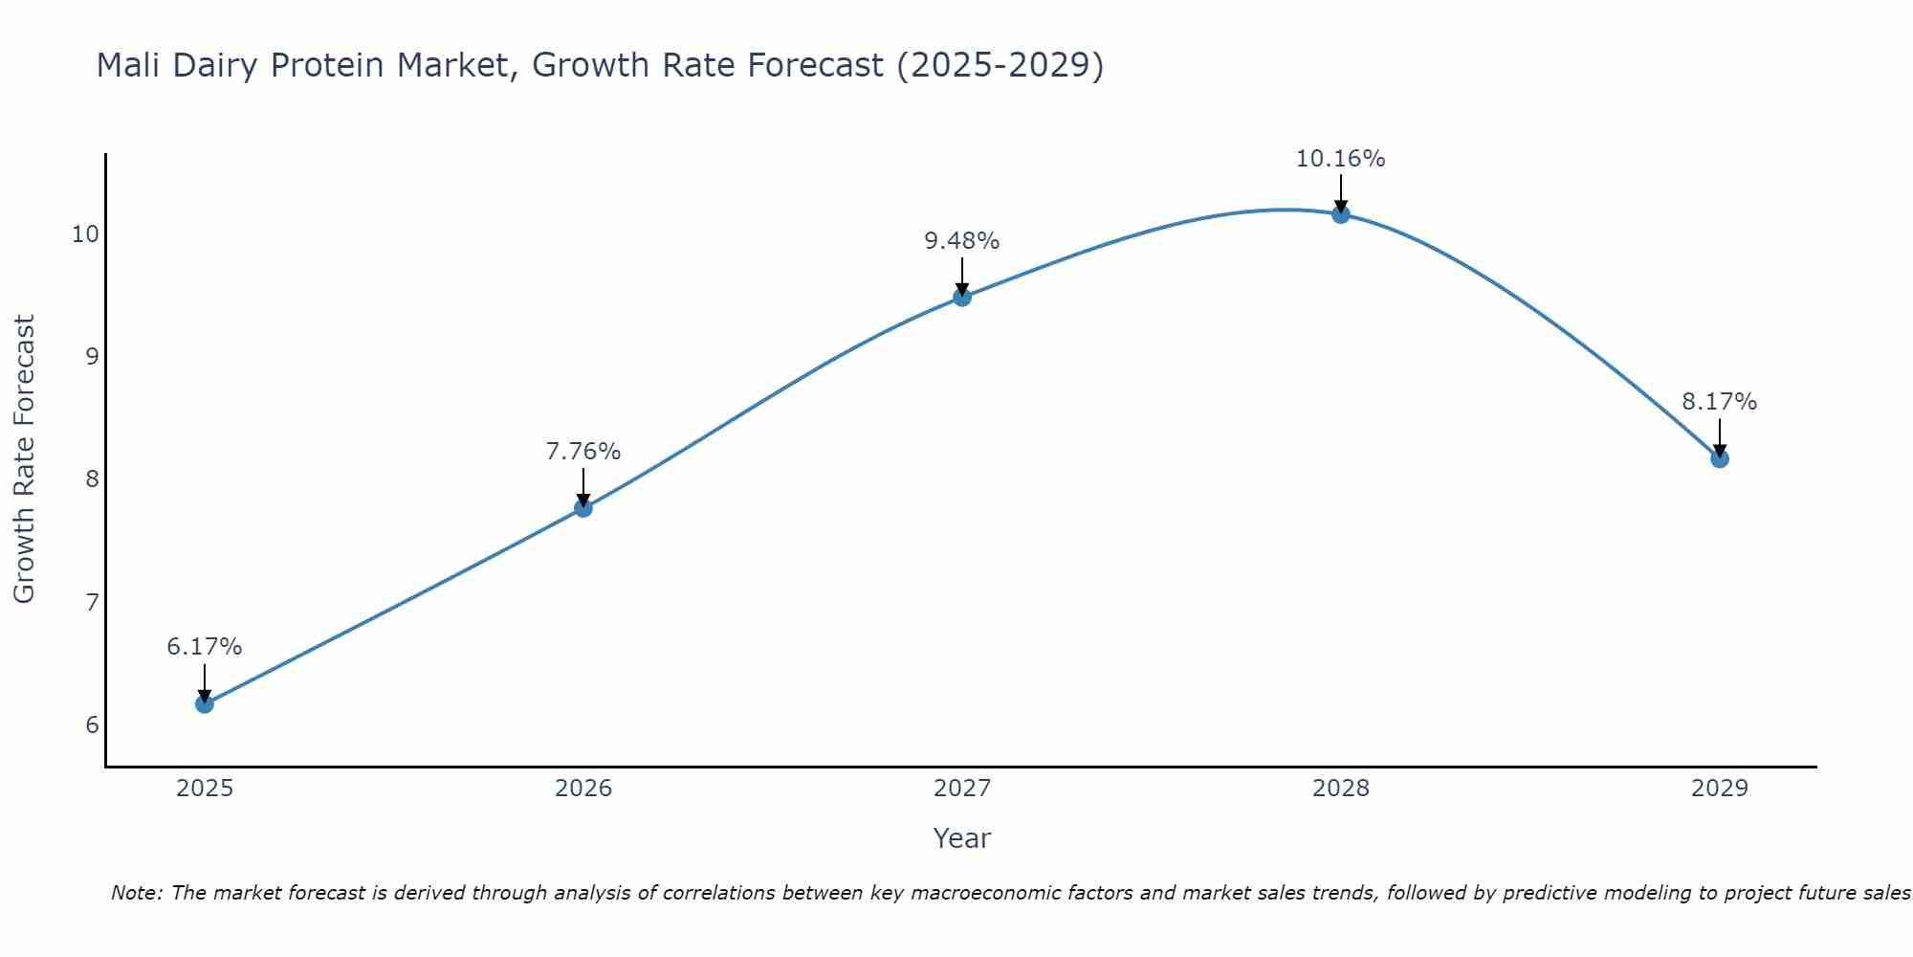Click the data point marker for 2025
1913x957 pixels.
click(x=205, y=704)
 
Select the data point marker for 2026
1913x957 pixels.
click(x=583, y=508)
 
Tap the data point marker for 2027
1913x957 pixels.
click(x=962, y=298)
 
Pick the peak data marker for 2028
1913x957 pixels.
click(x=1341, y=214)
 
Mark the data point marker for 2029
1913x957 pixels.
click(x=1720, y=458)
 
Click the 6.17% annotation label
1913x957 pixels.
click(x=205, y=647)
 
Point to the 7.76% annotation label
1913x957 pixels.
click(x=583, y=451)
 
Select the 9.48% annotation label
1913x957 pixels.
click(x=962, y=241)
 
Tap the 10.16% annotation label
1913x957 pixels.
click(x=1341, y=159)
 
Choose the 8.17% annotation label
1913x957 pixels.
click(x=1720, y=402)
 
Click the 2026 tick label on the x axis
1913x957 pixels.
click(x=583, y=789)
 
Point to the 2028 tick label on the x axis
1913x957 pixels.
click(x=1341, y=789)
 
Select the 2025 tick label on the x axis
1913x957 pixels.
click(x=205, y=789)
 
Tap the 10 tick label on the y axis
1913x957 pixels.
click(x=85, y=234)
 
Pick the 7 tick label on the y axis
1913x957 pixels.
click(x=92, y=602)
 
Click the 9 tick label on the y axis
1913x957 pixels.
click(x=92, y=357)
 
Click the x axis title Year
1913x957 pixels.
click(x=962, y=838)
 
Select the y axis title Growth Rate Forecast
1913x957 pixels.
click(x=25, y=459)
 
